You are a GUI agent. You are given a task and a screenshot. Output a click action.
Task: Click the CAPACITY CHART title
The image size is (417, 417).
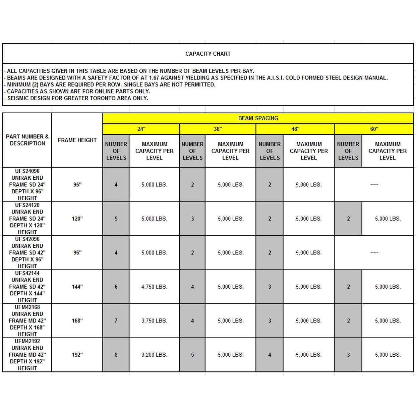(x=208, y=54)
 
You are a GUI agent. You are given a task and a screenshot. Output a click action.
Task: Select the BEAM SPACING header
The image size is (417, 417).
(x=258, y=118)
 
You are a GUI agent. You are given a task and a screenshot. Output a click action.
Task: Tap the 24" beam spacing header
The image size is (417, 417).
(x=141, y=129)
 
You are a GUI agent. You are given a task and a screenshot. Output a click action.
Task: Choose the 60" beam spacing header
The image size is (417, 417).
(x=374, y=129)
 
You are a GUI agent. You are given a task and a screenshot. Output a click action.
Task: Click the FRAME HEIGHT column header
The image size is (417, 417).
(x=77, y=140)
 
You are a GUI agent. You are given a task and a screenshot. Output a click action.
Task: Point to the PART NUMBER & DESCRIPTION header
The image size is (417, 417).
(x=27, y=140)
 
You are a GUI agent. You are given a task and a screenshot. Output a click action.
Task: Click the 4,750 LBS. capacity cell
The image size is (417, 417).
(x=154, y=287)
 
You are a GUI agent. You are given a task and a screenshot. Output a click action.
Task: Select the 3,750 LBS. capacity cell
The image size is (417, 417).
(x=154, y=321)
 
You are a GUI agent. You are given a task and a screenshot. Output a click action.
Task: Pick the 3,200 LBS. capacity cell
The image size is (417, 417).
(x=154, y=355)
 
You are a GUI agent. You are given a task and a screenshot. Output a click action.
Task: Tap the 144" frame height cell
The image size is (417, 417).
(x=77, y=287)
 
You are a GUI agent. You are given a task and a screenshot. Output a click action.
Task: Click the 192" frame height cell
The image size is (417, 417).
(x=77, y=355)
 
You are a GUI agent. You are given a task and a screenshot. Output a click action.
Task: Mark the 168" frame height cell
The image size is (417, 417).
(x=77, y=321)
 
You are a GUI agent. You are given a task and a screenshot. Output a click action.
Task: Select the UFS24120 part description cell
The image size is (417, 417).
(x=27, y=219)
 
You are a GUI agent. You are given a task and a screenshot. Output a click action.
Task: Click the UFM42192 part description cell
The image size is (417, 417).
(x=27, y=355)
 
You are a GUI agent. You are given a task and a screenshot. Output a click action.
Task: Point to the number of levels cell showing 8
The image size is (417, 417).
(x=116, y=355)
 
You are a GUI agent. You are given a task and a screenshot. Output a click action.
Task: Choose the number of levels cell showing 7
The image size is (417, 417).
(x=116, y=321)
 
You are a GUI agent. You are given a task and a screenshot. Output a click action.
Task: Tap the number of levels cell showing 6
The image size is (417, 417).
(x=116, y=287)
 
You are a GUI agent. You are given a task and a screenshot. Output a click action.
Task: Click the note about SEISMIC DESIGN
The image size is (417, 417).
(x=77, y=98)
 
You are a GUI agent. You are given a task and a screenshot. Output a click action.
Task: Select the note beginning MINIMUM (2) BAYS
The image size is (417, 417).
(x=111, y=84)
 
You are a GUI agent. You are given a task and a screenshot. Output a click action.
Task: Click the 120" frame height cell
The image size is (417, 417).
(x=77, y=219)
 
